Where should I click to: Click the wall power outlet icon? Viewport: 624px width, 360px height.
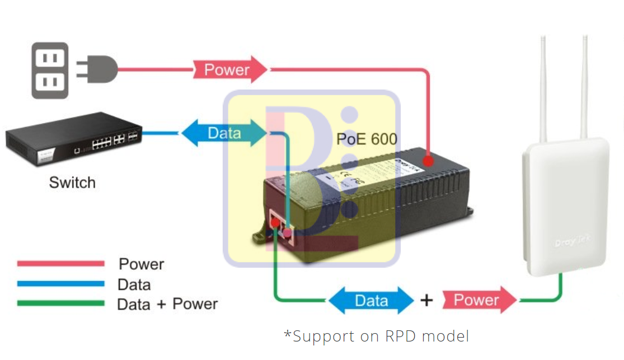(x=50, y=71)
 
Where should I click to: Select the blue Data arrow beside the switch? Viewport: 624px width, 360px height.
(x=224, y=133)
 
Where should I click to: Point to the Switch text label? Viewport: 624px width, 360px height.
(x=72, y=183)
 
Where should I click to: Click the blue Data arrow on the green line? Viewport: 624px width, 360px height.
(x=371, y=301)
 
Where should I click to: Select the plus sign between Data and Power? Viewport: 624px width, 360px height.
(x=426, y=301)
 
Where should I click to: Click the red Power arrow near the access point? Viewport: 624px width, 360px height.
(x=478, y=300)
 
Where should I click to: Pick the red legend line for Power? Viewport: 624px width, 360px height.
(x=60, y=263)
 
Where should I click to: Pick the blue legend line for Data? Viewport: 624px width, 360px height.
(x=60, y=284)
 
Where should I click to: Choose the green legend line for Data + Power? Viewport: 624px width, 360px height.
(x=60, y=303)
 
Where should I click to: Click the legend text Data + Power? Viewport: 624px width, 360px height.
(x=167, y=304)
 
